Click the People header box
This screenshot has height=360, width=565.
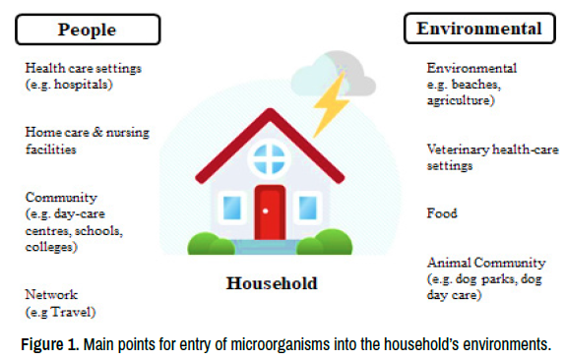tap(88, 30)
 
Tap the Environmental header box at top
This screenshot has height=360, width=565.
tap(479, 29)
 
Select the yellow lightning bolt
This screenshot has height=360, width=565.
tap(331, 103)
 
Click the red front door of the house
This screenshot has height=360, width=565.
tap(270, 212)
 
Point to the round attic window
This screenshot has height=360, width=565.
tap(269, 158)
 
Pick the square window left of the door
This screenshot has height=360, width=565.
tap(232, 208)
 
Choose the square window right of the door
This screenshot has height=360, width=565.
tap(308, 208)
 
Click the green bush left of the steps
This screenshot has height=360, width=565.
tap(211, 244)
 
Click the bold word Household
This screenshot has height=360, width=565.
tap(272, 283)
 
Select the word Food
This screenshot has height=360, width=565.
tap(442, 213)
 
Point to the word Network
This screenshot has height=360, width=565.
tap(51, 294)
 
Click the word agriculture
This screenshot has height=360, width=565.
tap(459, 100)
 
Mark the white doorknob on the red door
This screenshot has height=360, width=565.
tap(266, 210)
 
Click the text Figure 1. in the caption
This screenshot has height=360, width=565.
tap(50, 344)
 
